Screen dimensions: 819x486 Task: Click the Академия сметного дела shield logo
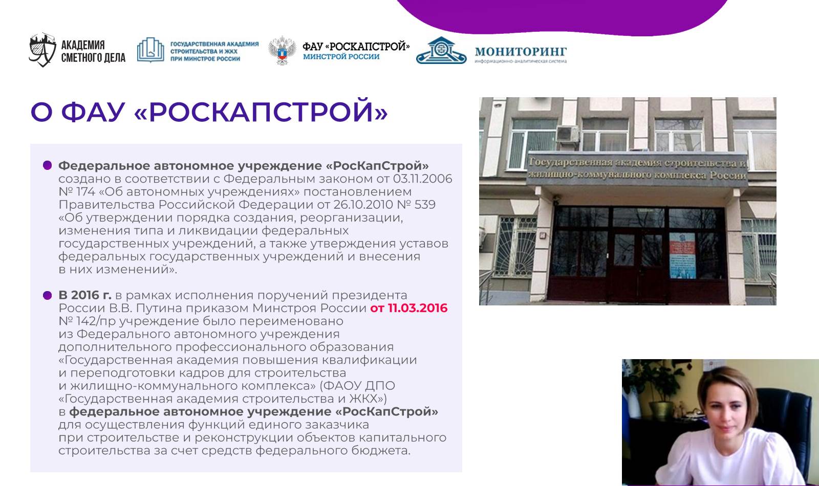point(42,50)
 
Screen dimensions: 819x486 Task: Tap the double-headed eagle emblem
point(282,51)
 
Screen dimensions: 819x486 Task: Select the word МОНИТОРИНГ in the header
point(521,52)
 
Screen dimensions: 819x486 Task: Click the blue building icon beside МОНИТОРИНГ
point(441,51)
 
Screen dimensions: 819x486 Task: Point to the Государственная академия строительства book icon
point(150,50)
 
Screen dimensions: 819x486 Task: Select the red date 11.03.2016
point(418,308)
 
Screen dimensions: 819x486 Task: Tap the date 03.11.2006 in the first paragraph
point(422,179)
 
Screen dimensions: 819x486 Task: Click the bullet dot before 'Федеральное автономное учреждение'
point(47,165)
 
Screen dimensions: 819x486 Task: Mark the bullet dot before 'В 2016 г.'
point(47,295)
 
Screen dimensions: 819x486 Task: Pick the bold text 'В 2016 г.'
point(85,295)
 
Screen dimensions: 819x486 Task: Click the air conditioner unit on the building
point(567,134)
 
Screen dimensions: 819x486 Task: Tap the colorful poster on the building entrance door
point(682,255)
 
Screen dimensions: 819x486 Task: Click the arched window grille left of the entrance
point(515,247)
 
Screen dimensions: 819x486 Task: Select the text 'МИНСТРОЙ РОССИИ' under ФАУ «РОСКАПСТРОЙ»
point(341,57)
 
